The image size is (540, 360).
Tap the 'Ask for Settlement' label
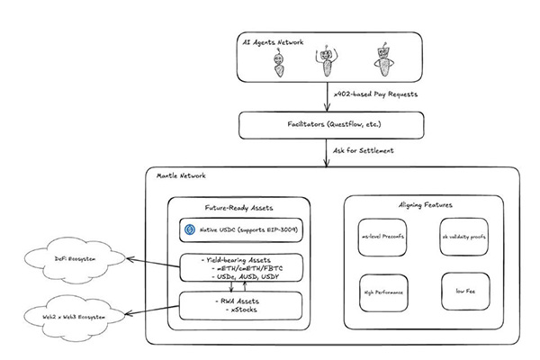pos(364,149)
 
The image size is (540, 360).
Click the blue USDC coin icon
pos(190,229)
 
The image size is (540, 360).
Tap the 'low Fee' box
pos(463,292)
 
